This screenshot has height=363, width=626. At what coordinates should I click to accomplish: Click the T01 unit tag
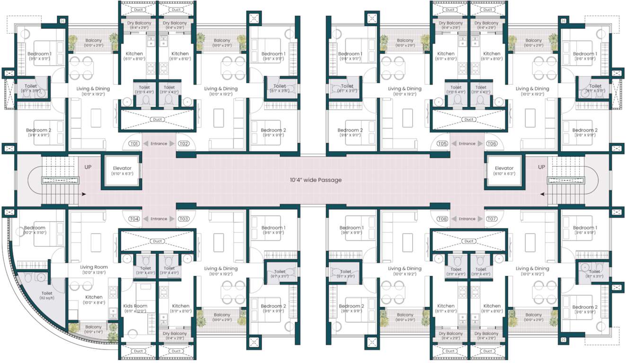134,144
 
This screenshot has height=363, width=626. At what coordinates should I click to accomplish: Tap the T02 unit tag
184,144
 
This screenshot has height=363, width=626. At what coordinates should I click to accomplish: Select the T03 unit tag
184,219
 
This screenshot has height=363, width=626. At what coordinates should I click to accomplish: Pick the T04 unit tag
134,219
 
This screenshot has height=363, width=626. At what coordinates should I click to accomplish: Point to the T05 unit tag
442,144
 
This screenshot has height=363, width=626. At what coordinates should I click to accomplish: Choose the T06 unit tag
492,144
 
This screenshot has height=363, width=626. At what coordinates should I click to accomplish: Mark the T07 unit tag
492,219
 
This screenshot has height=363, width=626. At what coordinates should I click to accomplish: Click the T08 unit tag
442,219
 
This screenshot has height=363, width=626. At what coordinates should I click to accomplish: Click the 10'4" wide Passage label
316,180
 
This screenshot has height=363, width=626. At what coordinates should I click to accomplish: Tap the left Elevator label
122,168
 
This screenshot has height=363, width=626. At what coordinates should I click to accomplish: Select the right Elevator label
504,168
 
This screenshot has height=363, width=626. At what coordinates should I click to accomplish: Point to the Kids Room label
135,306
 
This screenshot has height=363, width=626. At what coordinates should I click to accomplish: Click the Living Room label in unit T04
94,267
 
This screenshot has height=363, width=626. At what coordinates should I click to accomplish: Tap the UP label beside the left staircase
88,167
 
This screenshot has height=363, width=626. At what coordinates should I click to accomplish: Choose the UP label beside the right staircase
542,167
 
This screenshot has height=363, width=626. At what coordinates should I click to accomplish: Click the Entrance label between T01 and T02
159,144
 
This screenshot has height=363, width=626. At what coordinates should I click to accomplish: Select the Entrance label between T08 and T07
467,219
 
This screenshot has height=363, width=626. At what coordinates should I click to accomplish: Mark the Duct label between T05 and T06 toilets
469,120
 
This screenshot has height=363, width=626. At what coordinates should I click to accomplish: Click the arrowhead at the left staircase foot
84,194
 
